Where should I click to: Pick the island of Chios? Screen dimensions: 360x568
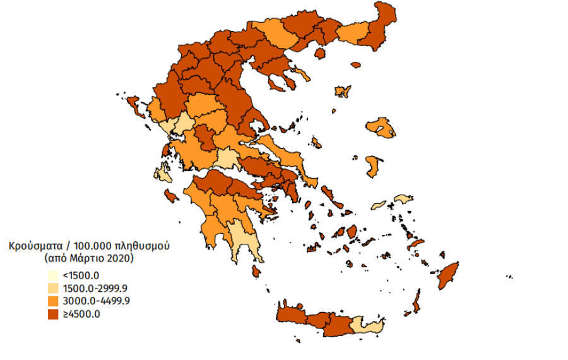[372, 166]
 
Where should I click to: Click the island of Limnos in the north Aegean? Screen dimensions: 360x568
[343, 92]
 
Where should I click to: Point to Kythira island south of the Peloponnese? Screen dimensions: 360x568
[256, 271]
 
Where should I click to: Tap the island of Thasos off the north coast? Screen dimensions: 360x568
[319, 53]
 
